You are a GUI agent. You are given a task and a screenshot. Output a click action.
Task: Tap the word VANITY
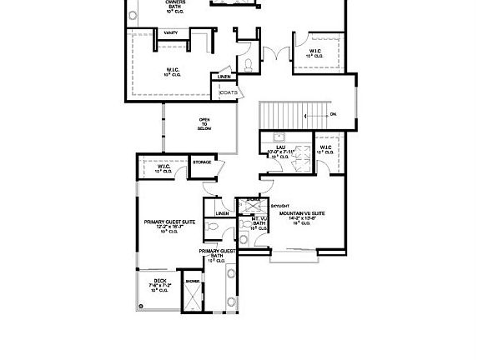point(170,32)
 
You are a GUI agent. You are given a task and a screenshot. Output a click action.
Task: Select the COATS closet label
point(229,92)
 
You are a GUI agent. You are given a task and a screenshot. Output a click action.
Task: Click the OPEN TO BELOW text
point(204,124)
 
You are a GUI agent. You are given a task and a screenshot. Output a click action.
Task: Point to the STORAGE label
point(202,162)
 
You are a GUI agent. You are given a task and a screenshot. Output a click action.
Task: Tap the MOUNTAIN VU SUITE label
point(308,217)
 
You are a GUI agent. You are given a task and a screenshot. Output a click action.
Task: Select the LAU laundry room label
point(282,150)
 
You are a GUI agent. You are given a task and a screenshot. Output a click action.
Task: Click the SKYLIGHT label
point(280,204)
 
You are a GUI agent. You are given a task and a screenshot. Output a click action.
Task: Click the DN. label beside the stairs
point(333,113)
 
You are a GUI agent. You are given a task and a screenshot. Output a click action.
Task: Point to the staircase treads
point(292,112)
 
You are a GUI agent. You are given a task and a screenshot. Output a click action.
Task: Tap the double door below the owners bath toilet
point(274,55)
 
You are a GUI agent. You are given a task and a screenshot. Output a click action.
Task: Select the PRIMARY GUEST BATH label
point(217,253)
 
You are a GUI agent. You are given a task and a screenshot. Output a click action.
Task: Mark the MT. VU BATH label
point(259,222)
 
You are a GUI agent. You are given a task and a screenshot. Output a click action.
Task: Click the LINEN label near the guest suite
point(222,213)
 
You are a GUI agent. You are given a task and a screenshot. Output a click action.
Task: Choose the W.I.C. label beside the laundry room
point(325,149)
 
